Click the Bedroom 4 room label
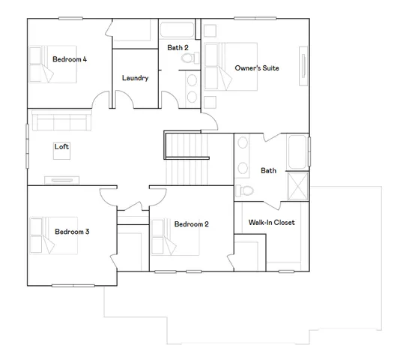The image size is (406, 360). (70, 59)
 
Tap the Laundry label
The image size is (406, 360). (135, 78)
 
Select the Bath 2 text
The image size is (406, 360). (178, 47)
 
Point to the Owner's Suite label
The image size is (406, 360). (256, 68)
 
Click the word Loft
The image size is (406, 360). (61, 147)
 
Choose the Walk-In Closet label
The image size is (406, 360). (271, 223)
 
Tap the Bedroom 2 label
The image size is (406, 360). (191, 224)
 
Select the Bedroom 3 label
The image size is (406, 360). (72, 232)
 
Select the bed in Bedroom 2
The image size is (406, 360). (163, 235)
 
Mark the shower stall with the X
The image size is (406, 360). (298, 186)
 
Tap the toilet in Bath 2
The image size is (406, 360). (190, 79)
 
